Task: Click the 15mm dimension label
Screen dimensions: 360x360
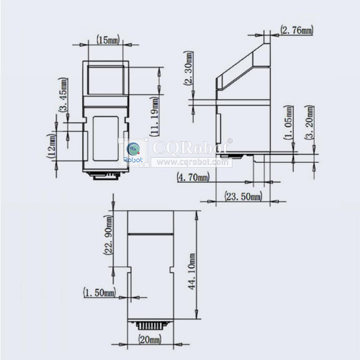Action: (108, 40)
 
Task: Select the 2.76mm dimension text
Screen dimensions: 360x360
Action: (297, 30)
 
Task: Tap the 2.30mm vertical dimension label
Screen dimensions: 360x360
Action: (188, 68)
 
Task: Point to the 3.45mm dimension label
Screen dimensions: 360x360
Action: (63, 94)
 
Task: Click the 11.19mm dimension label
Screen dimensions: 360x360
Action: (154, 116)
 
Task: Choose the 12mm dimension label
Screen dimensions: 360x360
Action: (51, 145)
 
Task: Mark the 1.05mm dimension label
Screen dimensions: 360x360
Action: (288, 122)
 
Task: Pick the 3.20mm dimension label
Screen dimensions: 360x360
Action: (310, 122)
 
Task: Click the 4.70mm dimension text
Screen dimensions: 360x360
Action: (193, 178)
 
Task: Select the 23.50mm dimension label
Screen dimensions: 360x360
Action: (243, 197)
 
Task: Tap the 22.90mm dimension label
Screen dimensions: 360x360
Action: (109, 235)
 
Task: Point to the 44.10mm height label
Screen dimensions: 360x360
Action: (192, 271)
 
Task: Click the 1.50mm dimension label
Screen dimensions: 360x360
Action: (99, 292)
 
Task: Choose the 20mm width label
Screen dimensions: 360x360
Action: (150, 339)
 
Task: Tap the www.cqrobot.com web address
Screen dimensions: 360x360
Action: (192, 162)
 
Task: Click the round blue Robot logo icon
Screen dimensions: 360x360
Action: (132, 149)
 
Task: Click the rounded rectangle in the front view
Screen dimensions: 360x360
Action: (106, 138)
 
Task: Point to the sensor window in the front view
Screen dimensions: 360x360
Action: (106, 80)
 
